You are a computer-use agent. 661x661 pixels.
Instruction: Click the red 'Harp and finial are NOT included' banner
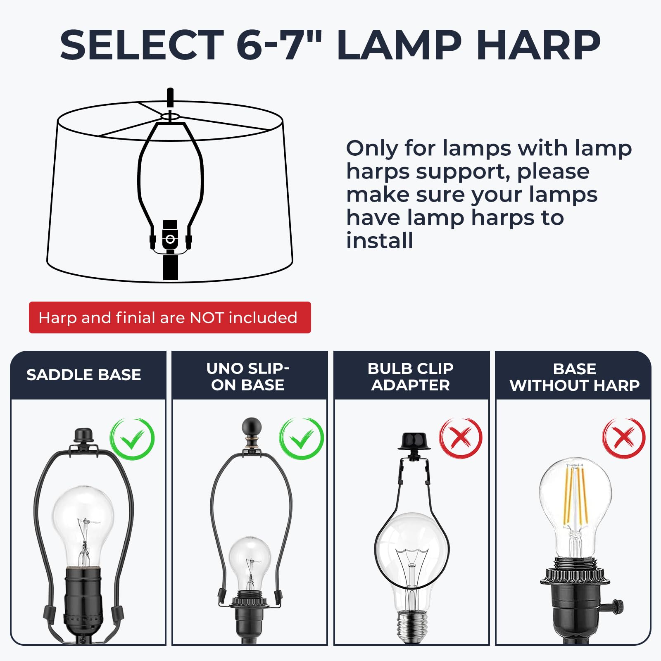point(170,317)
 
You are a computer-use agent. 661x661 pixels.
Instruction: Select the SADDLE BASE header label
point(84,375)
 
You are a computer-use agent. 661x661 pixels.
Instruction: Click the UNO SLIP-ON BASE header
point(248,376)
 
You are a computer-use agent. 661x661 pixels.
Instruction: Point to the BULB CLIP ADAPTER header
point(411,376)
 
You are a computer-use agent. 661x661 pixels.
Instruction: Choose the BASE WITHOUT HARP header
point(575,377)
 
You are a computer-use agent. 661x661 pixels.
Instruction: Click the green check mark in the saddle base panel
point(132,439)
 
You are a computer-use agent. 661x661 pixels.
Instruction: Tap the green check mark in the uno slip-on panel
point(302,439)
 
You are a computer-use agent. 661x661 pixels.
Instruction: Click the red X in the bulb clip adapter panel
point(461,438)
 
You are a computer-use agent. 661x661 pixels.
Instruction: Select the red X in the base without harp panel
point(623,438)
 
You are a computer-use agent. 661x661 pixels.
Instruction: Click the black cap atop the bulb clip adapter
point(414,441)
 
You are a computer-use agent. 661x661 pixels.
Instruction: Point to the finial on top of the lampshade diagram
point(170,98)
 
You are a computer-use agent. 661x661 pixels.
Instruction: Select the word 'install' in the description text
point(380,240)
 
